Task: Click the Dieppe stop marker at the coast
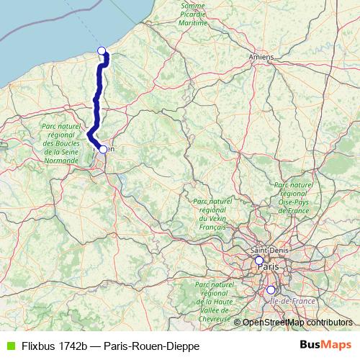(102, 50)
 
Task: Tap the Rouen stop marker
(103, 149)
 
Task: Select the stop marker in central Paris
(258, 260)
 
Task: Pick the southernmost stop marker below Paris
(271, 290)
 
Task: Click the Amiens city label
(260, 55)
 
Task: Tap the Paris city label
(268, 266)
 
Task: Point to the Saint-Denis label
(265, 250)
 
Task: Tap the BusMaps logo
(325, 345)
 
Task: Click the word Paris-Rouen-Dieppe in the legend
(151, 346)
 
